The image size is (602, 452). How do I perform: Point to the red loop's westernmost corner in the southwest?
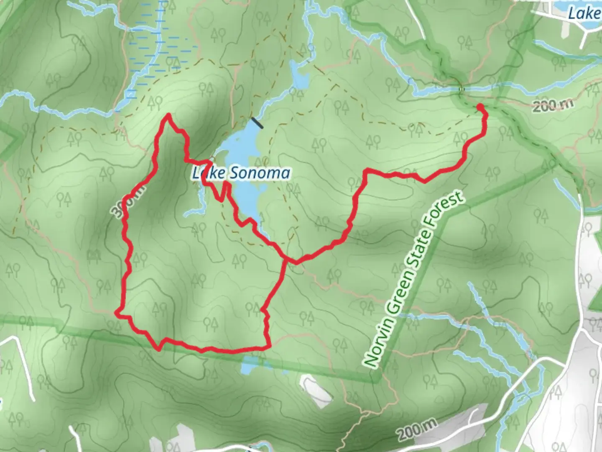(x=117, y=312)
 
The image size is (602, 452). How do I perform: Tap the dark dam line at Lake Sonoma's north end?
(x=257, y=123)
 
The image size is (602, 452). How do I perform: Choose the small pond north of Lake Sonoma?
(x=299, y=76)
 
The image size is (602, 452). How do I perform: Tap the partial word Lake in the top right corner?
(x=584, y=13)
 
